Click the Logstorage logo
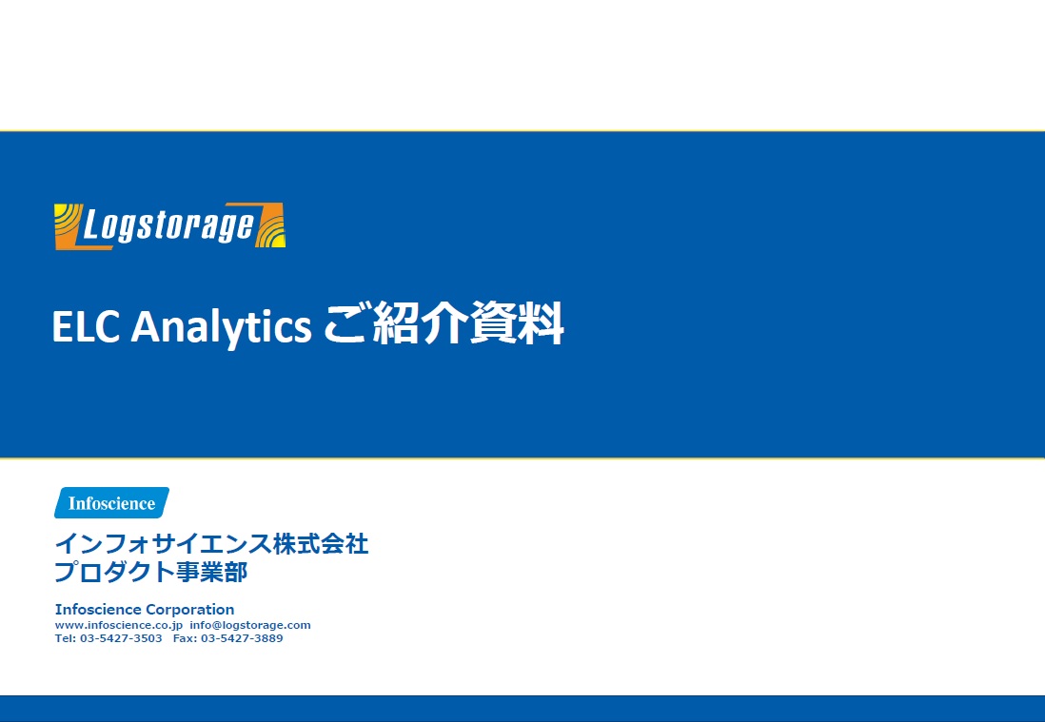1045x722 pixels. (x=169, y=226)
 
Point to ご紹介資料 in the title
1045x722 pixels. (x=444, y=326)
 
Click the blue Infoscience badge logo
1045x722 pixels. (x=111, y=503)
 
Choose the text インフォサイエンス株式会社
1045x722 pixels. (x=211, y=545)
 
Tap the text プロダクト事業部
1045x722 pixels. (x=151, y=573)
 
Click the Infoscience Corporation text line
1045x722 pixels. (x=145, y=609)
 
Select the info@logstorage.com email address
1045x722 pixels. (x=250, y=625)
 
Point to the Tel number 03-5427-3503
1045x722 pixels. (x=121, y=638)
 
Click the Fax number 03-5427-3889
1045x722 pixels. (x=242, y=638)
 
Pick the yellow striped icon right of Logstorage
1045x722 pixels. (x=271, y=226)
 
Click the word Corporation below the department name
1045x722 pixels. (x=189, y=609)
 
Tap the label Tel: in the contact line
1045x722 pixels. (x=65, y=638)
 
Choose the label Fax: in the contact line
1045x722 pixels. (x=185, y=638)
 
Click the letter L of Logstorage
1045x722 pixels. (x=93, y=226)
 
